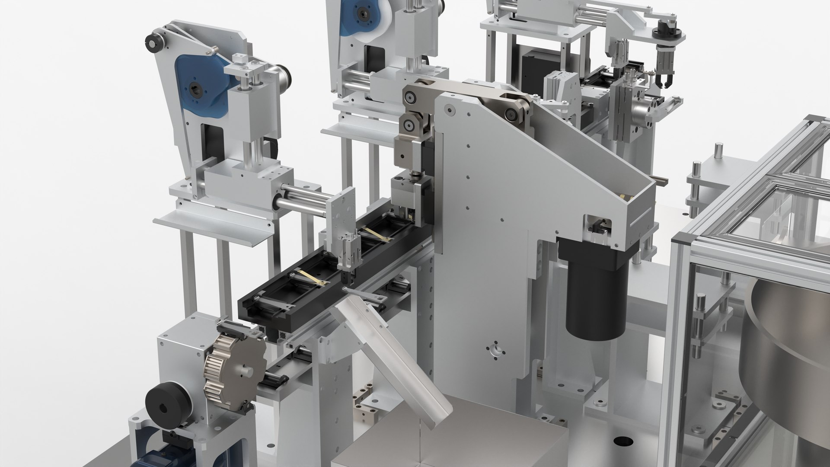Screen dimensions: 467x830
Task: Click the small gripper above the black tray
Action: [x=348, y=255]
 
